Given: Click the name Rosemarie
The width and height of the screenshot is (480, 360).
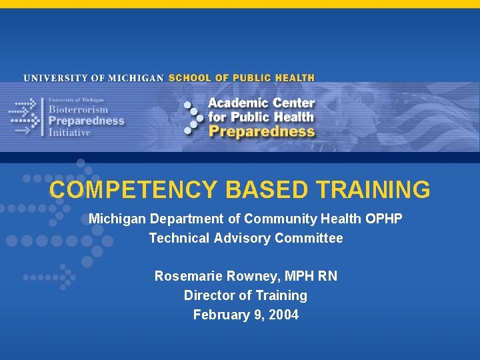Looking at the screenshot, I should (x=187, y=276).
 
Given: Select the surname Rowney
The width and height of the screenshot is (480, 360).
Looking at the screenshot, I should (x=247, y=276).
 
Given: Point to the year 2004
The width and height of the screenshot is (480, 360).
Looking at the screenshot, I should (x=283, y=315).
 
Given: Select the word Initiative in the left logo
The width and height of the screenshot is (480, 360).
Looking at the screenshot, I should (x=69, y=132).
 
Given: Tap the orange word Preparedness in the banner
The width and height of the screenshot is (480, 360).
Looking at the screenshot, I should (x=261, y=131).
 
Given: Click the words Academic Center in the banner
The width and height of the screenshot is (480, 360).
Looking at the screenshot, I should (x=261, y=103).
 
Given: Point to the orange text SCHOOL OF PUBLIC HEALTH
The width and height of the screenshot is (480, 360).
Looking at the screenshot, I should (x=241, y=78).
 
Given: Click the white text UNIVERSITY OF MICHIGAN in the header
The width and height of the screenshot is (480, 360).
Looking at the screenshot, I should (x=94, y=78).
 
